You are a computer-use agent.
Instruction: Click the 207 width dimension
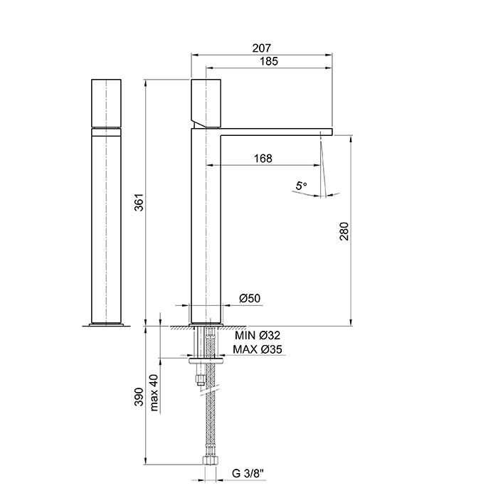coord(262,48)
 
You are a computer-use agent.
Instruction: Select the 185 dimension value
coord(269,61)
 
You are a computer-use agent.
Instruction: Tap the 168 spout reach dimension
coord(263,158)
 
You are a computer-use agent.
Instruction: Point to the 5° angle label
coord(301,186)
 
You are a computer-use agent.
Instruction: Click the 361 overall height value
coord(139,202)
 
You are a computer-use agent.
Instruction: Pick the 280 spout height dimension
coord(344,231)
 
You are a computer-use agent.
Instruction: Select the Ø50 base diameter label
coord(250,298)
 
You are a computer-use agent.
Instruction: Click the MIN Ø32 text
coord(258,335)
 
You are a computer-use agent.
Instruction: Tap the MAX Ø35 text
coord(258,349)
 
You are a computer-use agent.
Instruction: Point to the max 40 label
coord(154,393)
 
